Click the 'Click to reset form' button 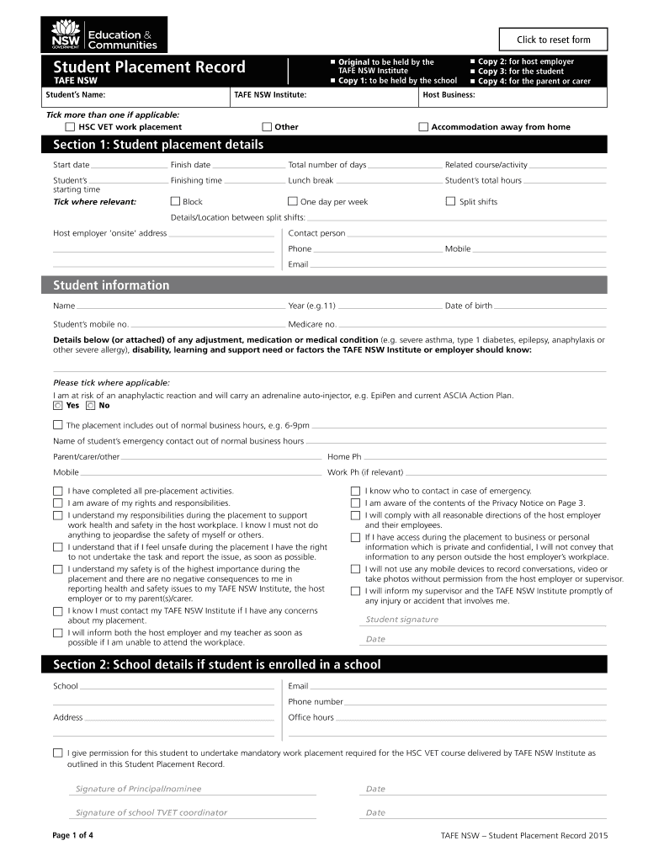point(553,40)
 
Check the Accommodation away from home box point(423,127)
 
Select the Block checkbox point(175,202)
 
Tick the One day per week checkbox point(293,202)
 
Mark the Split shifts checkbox point(450,202)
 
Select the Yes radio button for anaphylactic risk point(57,405)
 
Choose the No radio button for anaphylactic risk point(91,405)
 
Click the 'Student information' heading point(111,285)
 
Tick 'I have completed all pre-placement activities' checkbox point(57,491)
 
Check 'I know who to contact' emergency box point(355,491)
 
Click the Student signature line point(484,620)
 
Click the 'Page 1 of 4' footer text point(73,835)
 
